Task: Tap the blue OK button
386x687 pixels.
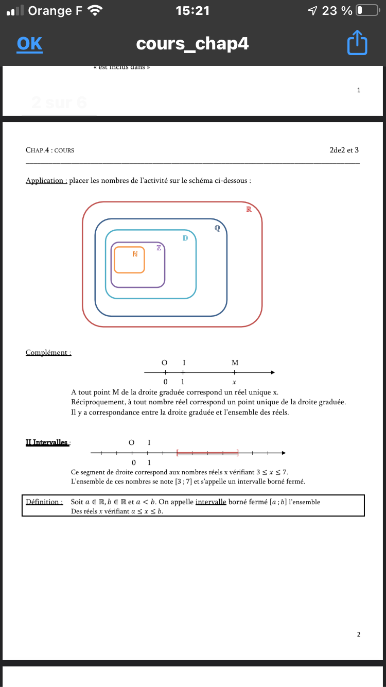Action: [29, 44]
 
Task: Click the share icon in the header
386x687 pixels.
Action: [358, 43]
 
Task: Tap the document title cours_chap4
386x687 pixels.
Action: [192, 44]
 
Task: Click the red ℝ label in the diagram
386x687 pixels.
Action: [249, 209]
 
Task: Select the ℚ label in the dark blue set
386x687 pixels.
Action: [217, 228]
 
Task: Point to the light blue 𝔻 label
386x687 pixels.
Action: [185, 238]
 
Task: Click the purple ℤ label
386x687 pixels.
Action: [159, 248]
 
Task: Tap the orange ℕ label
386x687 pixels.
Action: [135, 253]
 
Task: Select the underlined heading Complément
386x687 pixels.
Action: [48, 353]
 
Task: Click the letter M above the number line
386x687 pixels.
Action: [235, 363]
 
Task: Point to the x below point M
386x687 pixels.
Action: [234, 382]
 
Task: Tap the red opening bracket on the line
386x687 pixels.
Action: [177, 453]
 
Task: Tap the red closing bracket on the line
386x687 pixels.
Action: [238, 453]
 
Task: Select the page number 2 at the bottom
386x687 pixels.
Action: [359, 634]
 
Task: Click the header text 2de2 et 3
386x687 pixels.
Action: [344, 150]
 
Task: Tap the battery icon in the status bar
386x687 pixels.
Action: [367, 10]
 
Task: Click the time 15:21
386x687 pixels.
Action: [192, 10]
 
